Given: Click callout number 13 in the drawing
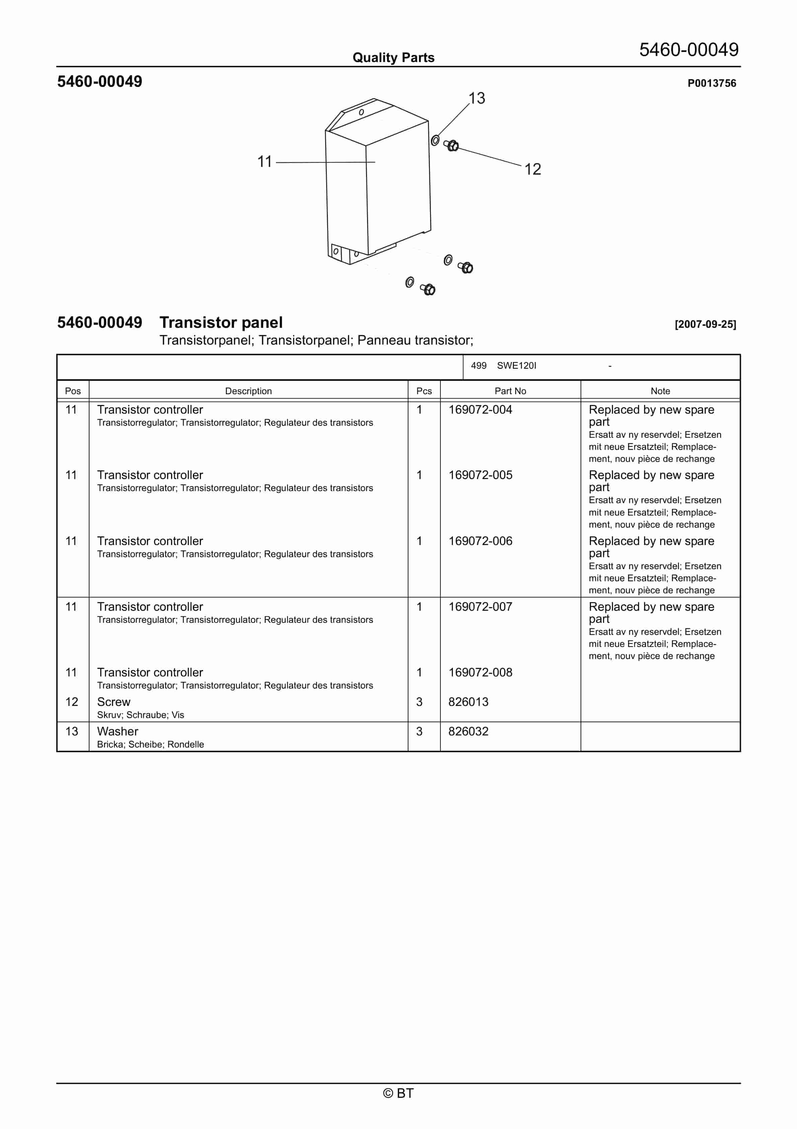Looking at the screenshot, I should point(476,98).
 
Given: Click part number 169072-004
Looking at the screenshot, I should point(480,410).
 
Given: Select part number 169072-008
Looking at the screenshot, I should point(480,672).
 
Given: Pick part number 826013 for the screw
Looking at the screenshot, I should point(468,702).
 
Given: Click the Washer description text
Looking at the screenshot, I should point(118,731).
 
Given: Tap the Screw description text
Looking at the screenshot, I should point(114,702).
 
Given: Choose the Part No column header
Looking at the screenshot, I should point(510,391).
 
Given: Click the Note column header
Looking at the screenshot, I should point(660,391).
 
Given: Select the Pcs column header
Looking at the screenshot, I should point(424,391).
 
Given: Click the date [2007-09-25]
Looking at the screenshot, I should point(705,324).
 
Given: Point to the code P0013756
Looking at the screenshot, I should point(712,83).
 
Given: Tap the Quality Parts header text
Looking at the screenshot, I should point(393,58).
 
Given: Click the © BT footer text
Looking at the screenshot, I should point(398,1093).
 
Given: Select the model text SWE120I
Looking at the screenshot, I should point(516,365).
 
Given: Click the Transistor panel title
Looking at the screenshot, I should point(221,322).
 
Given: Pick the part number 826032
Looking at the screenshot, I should point(468,731).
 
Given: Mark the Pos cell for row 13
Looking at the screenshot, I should point(72,731).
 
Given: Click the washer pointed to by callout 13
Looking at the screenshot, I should point(435,141).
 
